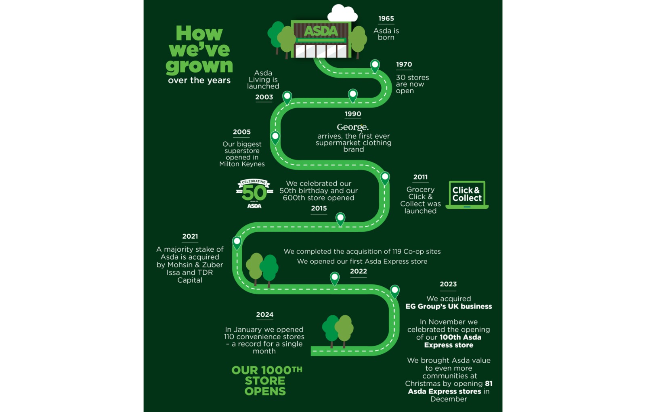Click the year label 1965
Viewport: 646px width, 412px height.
pyautogui.click(x=386, y=19)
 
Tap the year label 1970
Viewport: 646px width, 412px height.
pyautogui.click(x=404, y=65)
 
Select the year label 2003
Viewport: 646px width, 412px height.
pyautogui.click(x=264, y=97)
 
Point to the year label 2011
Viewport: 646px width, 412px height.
pyautogui.click(x=420, y=177)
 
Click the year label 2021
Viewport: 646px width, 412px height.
pyautogui.click(x=190, y=236)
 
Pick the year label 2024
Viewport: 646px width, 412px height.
pyautogui.click(x=264, y=315)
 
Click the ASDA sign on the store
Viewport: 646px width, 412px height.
pyautogui.click(x=321, y=31)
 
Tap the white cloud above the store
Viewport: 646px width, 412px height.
pyautogui.click(x=342, y=14)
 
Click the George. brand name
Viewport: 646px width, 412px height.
pyautogui.click(x=352, y=127)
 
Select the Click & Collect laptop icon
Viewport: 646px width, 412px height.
pyautogui.click(x=467, y=195)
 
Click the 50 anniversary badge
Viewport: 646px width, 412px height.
pyautogui.click(x=254, y=193)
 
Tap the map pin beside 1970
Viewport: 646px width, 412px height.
pyautogui.click(x=375, y=65)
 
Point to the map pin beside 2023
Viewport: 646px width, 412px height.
pyautogui.click(x=394, y=290)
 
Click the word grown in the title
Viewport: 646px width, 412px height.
pyautogui.click(x=199, y=66)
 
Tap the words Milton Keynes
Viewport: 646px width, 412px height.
pyautogui.click(x=242, y=164)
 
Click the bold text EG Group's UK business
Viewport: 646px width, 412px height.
pyautogui.click(x=449, y=307)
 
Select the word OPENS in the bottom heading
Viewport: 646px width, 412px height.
pyautogui.click(x=265, y=391)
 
